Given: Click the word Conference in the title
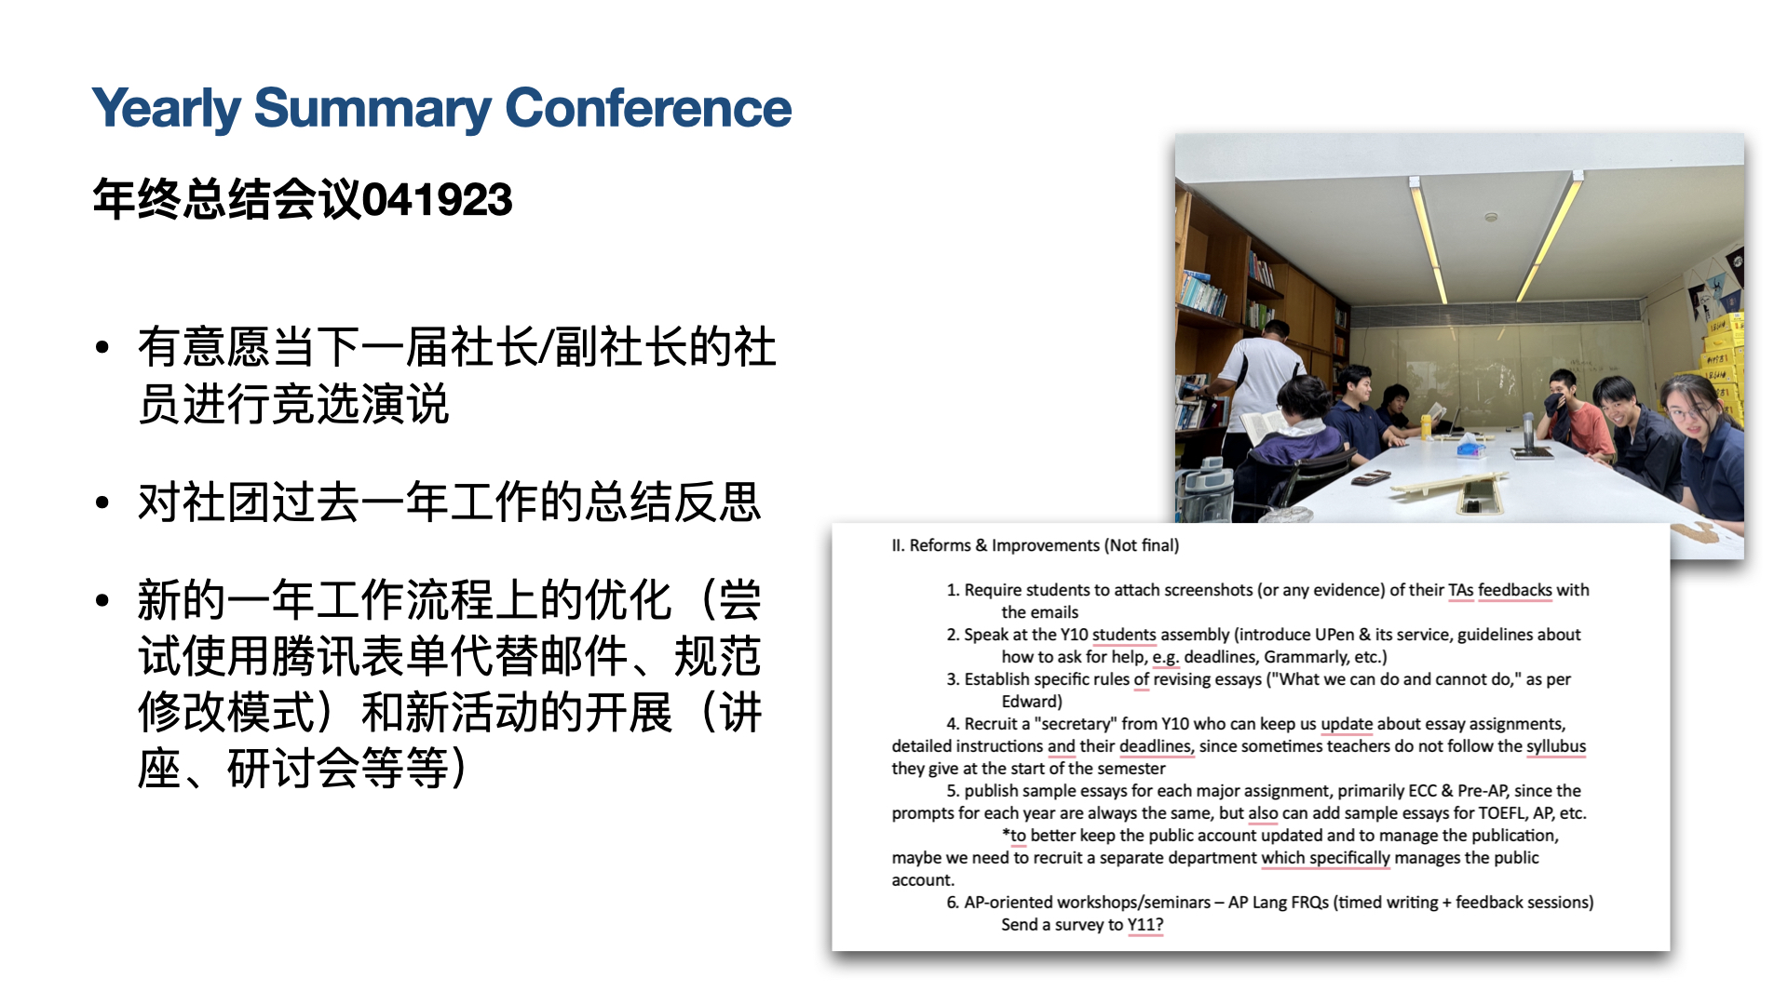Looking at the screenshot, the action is click(648, 108).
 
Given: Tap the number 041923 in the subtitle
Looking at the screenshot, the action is click(437, 199).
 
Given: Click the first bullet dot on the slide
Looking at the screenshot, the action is click(102, 348).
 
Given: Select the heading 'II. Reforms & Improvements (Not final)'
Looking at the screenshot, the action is click(1035, 545).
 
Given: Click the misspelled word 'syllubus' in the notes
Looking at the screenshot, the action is click(1555, 746).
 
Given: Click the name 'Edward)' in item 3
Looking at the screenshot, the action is click(1032, 702).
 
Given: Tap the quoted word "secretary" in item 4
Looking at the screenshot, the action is click(1076, 724).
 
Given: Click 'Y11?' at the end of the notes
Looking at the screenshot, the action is click(1145, 925).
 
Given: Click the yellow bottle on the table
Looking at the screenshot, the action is click(1425, 426).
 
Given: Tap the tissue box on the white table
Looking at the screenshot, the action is click(1470, 448).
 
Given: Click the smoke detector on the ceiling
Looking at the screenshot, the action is click(1491, 218).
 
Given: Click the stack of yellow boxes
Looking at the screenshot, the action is click(1723, 368).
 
